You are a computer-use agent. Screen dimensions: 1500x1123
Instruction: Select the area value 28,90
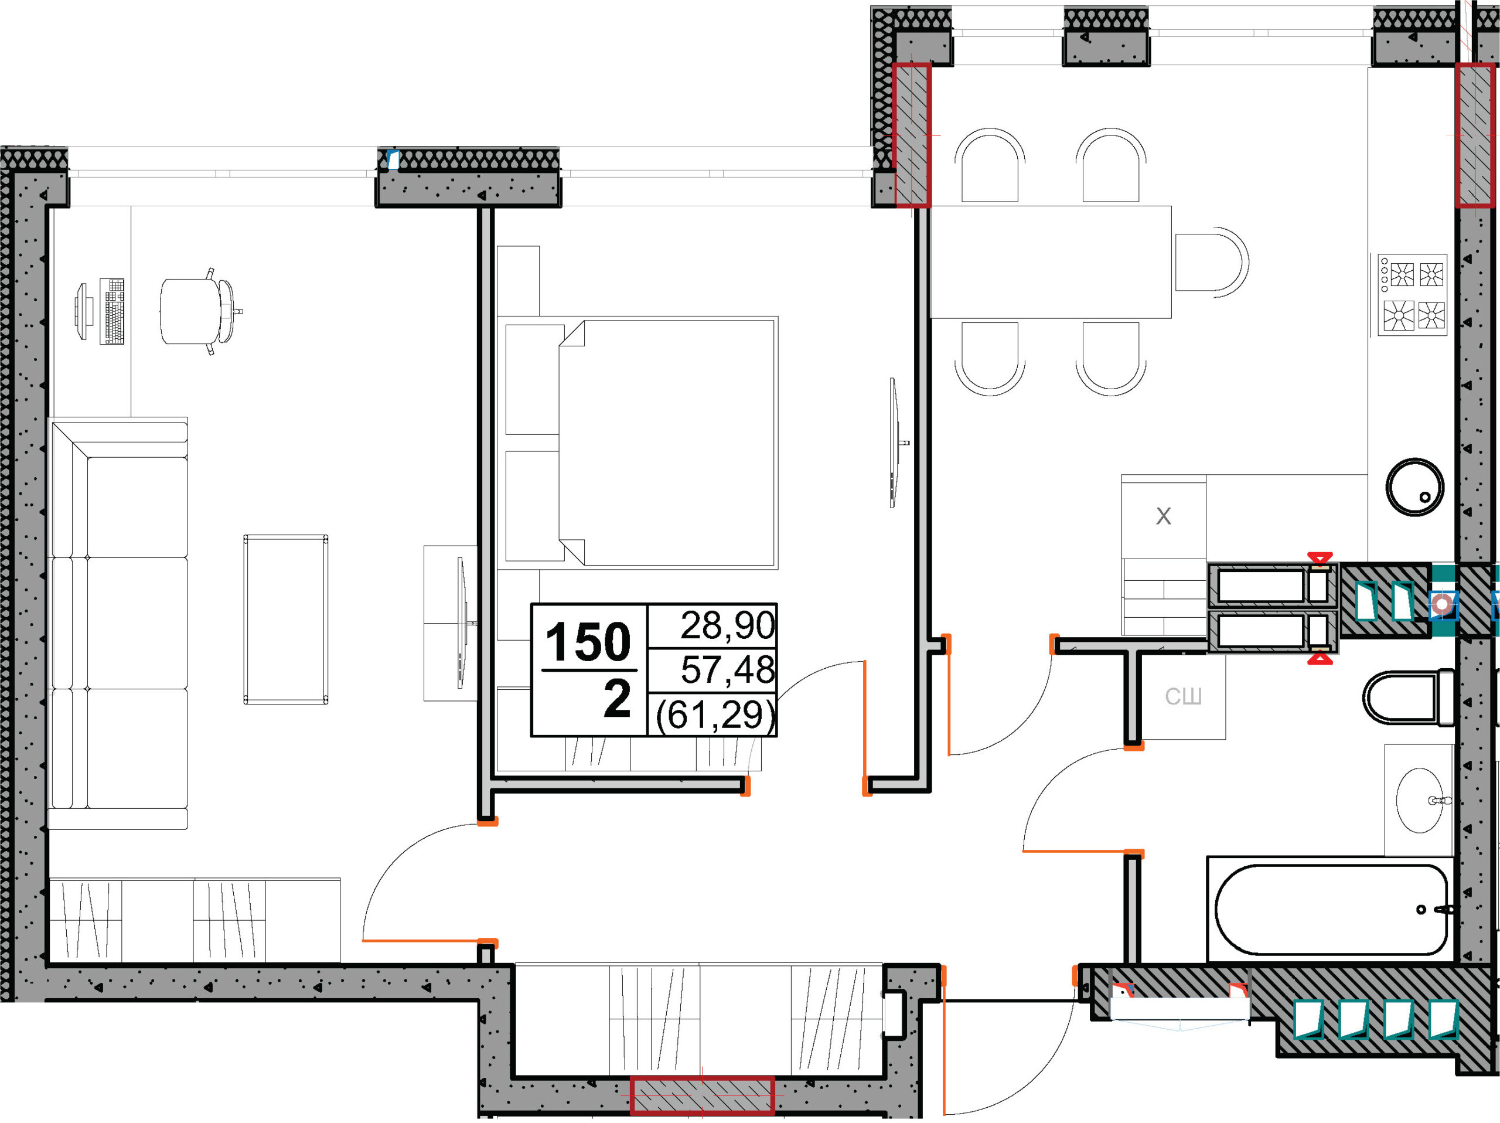point(727,625)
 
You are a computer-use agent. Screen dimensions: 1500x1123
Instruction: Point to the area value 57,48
point(727,669)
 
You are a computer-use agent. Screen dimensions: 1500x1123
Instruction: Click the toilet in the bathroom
point(1409,697)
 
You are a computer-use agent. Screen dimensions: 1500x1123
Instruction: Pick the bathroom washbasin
point(1420,800)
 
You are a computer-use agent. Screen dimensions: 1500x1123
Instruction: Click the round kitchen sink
point(1414,487)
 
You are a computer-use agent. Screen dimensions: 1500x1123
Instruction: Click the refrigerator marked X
point(1164,517)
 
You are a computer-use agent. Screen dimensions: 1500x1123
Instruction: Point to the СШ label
point(1184,696)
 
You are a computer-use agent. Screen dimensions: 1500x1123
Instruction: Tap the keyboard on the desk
point(112,311)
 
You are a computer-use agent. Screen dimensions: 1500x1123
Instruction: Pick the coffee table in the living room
point(286,619)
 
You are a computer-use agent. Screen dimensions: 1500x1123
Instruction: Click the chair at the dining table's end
point(1212,262)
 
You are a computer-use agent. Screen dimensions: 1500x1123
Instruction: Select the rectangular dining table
point(1051,262)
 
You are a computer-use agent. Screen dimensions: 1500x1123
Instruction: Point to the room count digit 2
point(617,699)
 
